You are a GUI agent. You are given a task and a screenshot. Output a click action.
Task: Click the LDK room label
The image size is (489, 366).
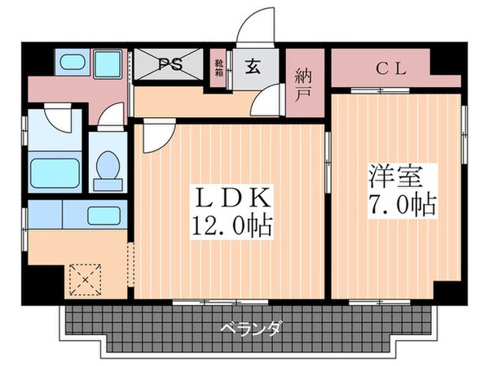[231, 198]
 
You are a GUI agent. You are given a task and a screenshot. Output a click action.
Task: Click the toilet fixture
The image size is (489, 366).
[107, 166]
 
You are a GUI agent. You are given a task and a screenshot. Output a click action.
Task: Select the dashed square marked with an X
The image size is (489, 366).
[83, 280]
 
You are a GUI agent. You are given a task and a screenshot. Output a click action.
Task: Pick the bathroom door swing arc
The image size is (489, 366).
[59, 120]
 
